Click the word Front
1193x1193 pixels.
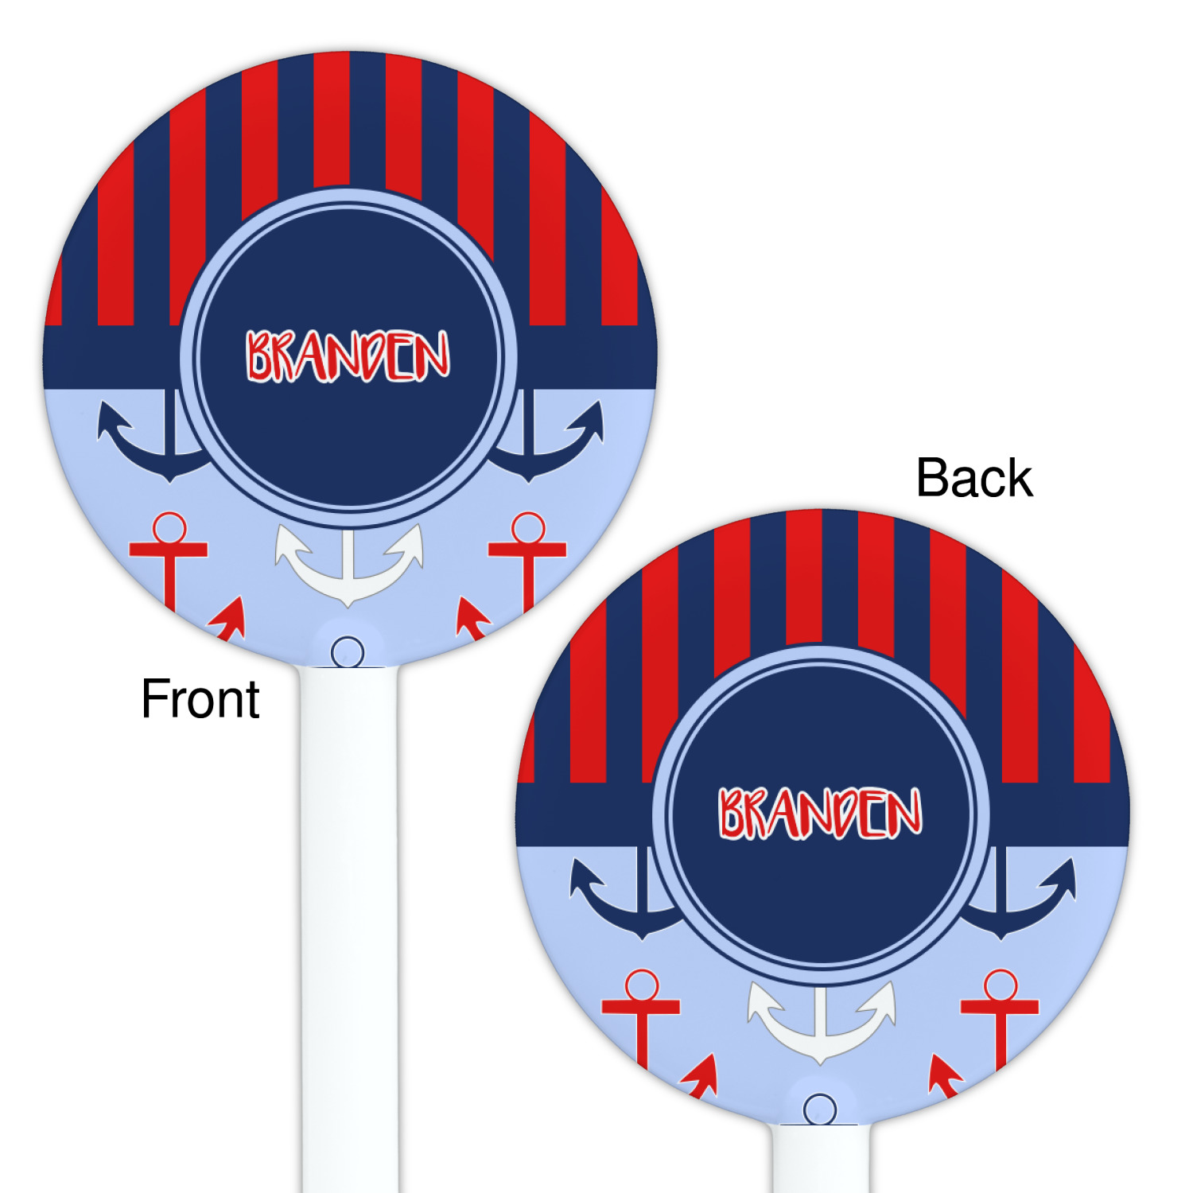[200, 699]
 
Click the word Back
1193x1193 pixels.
[974, 478]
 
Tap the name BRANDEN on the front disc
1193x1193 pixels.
[348, 356]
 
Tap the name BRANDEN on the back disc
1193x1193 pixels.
[821, 813]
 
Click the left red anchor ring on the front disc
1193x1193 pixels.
[169, 527]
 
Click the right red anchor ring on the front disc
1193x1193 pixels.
[528, 527]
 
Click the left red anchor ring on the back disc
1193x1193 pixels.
[641, 985]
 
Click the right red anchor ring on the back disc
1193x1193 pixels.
[1001, 985]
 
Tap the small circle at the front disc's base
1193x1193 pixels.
[348, 652]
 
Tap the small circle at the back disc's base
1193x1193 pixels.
[820, 1109]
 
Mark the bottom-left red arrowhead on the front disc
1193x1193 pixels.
[227, 620]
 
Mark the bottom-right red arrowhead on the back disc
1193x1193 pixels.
[945, 1074]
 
